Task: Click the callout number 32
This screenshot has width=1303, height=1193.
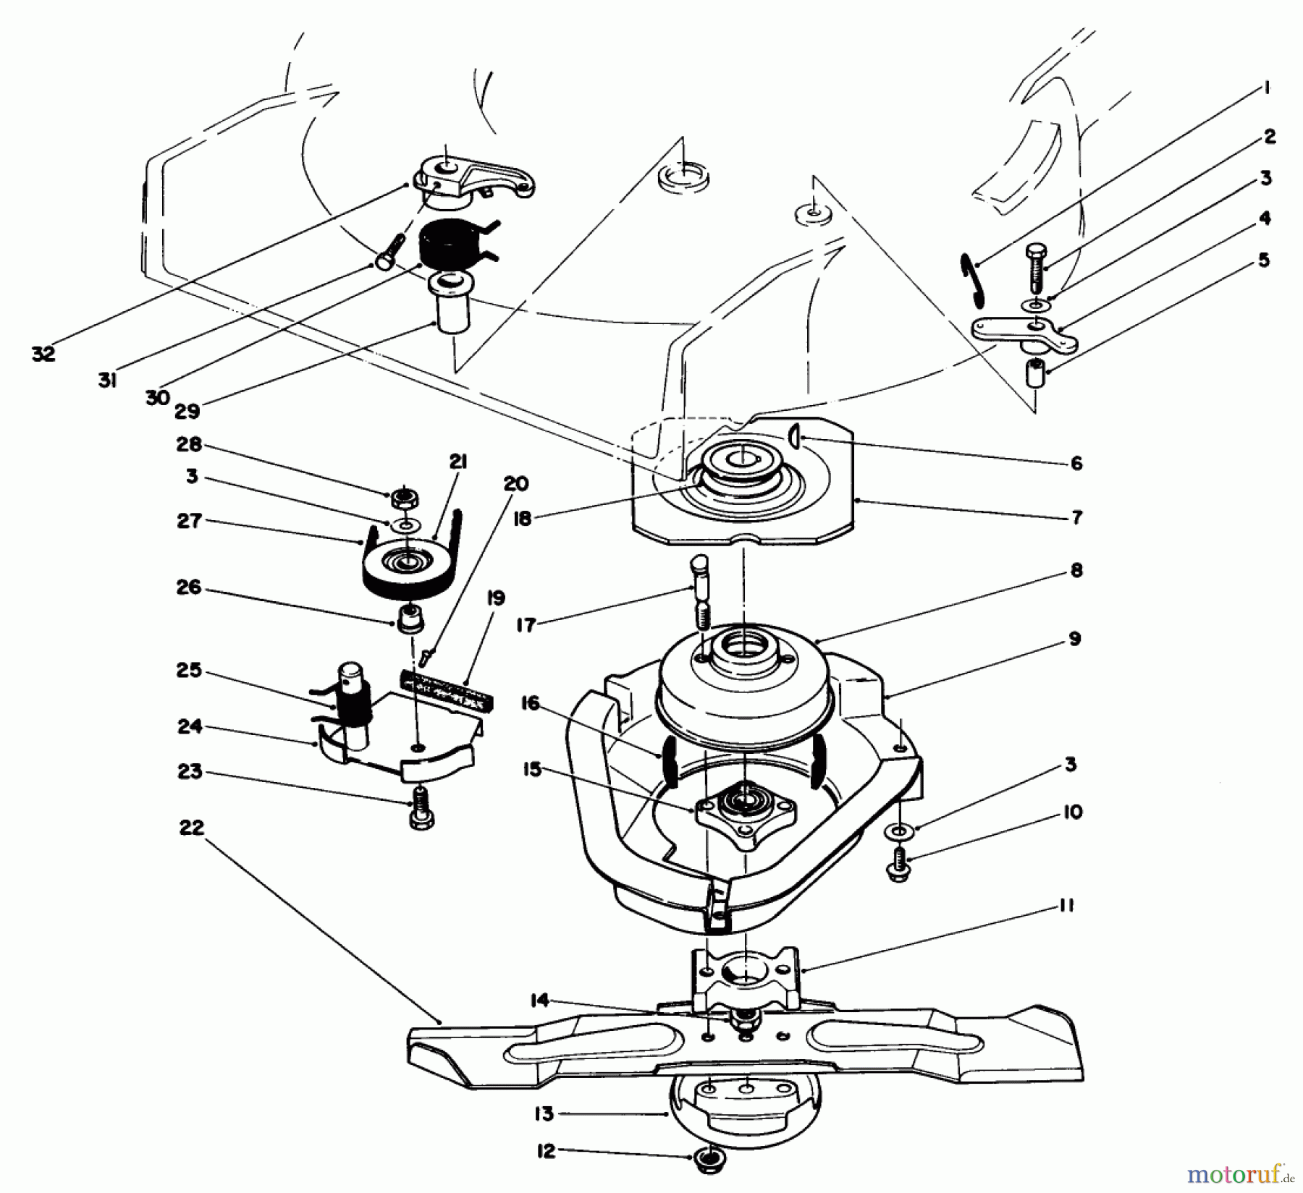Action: tap(43, 354)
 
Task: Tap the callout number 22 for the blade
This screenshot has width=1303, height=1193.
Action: tap(192, 827)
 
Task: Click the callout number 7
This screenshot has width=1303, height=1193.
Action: tap(1076, 517)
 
